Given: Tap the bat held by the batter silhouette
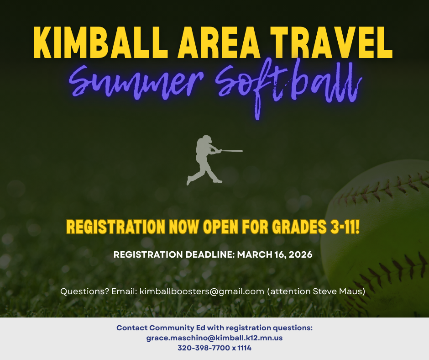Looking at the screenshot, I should pos(232,150).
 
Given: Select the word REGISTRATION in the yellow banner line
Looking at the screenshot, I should pos(115,227).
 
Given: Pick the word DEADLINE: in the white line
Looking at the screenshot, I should pos(209,254).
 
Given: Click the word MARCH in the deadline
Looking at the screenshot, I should pos(254,254).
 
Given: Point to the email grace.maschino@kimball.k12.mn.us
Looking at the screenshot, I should pos(214,338).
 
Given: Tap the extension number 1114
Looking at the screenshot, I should pos(244,348).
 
